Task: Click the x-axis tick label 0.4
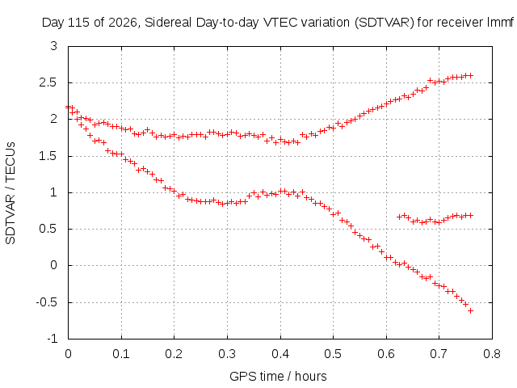coord(280,354)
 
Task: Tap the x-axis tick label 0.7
coord(439,354)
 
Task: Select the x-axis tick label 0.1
coord(121,354)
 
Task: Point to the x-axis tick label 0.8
coord(492,354)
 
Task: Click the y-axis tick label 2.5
coord(48,82)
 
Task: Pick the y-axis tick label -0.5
coord(47,302)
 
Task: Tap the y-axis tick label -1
coord(52,339)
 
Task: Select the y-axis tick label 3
coord(54,46)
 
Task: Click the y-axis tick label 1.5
coord(48,156)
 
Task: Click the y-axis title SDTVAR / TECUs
coord(11,193)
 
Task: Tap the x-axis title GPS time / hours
coord(278,376)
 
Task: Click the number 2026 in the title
coord(123,23)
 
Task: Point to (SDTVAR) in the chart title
coord(385,23)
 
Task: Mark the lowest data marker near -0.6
coord(470,310)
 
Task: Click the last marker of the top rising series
coord(470,75)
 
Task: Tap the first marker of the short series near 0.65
coord(400,217)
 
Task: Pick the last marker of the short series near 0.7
coord(470,216)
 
